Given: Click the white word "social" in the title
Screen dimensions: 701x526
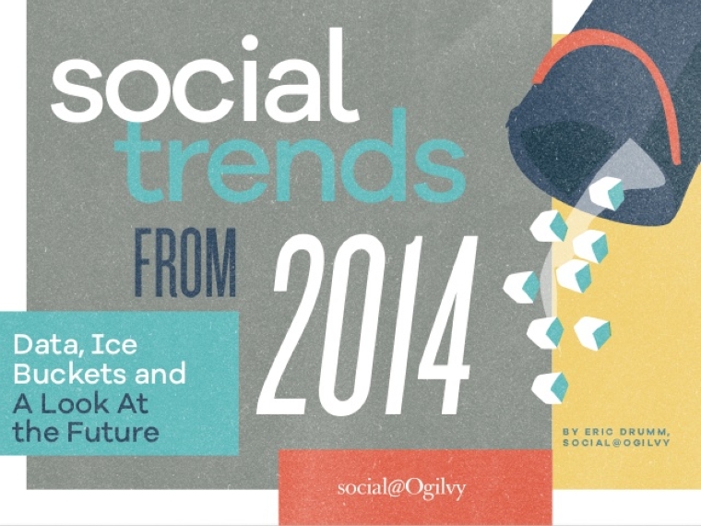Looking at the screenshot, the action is [205, 75].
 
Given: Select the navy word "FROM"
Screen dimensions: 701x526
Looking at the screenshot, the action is [185, 262].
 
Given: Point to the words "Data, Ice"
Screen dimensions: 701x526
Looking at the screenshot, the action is [75, 344].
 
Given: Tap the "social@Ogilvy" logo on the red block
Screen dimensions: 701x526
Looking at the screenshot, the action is [401, 488].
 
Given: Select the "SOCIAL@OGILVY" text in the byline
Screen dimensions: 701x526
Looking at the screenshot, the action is [616, 443].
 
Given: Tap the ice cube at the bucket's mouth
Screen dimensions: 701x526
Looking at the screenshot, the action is [606, 191].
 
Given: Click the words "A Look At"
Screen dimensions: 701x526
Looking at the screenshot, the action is [80, 404].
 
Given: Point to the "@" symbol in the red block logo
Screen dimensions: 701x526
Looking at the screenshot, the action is [394, 488].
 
